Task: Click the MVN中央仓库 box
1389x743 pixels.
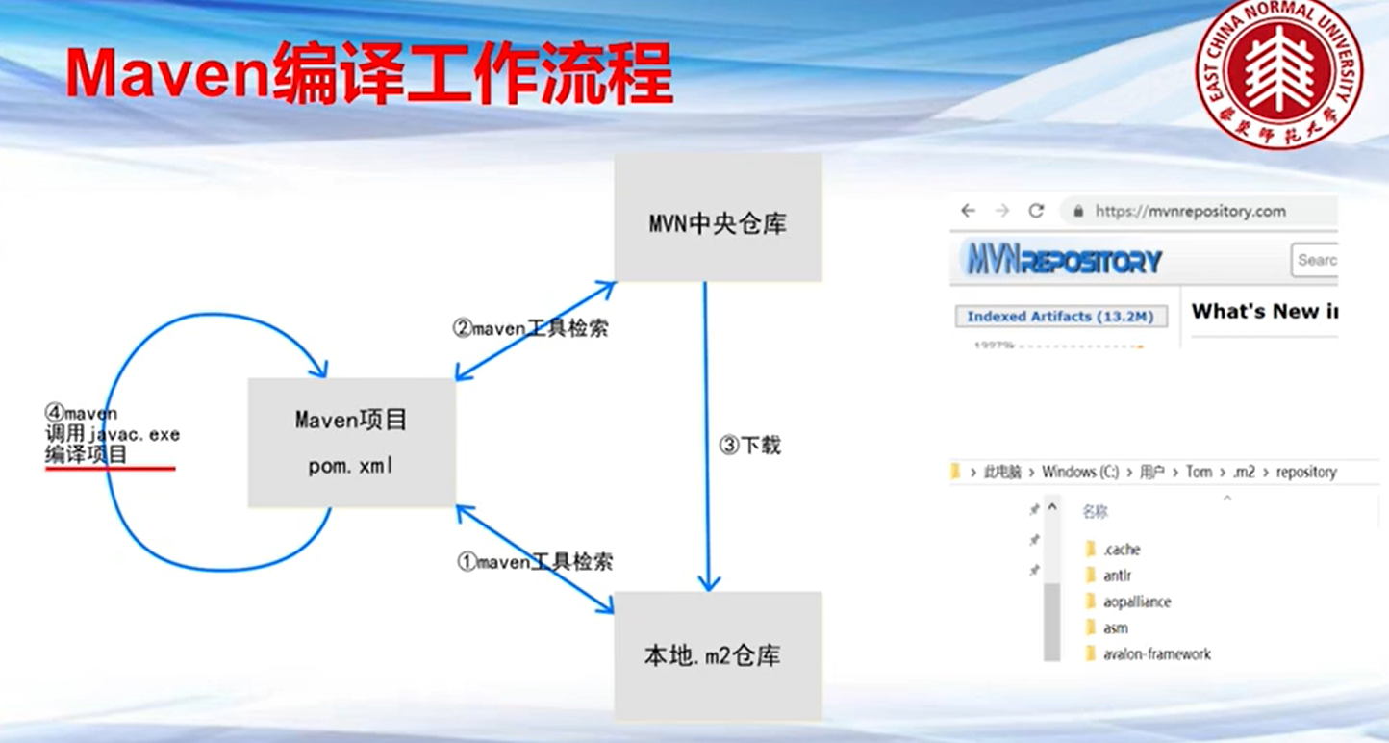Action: coord(718,218)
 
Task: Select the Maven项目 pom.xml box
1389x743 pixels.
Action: coord(351,442)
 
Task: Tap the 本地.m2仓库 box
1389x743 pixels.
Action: coord(718,656)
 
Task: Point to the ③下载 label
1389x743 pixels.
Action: coord(750,446)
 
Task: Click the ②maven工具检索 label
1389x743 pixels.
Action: coord(530,328)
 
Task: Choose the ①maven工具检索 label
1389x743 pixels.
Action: coord(535,562)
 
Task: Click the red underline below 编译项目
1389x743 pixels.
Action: coord(110,469)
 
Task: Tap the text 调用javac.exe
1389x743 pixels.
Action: coord(113,434)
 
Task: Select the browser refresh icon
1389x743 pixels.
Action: coord(1036,211)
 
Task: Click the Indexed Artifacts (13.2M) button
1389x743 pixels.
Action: coord(1060,316)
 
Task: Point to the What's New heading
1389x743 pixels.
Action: coord(1262,311)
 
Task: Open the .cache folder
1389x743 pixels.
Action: coord(1121,550)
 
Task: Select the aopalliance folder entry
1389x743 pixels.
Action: coord(1136,602)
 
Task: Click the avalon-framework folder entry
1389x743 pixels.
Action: coord(1156,653)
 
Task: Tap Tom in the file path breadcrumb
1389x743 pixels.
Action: coord(1199,472)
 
